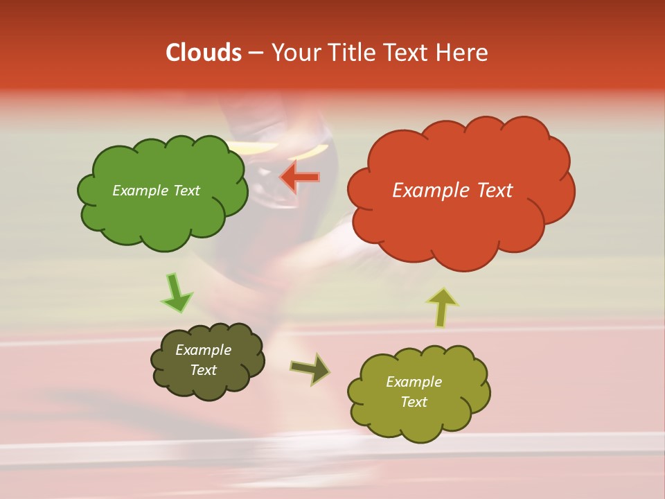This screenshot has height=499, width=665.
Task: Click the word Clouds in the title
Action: click(x=204, y=53)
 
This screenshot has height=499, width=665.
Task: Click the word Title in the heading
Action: click(x=353, y=53)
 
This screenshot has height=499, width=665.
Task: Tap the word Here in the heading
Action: click(x=462, y=53)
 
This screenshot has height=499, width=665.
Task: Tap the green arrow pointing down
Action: click(x=176, y=293)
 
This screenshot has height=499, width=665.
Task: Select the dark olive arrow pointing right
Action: click(x=310, y=369)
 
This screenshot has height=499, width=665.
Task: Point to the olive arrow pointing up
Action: click(x=442, y=307)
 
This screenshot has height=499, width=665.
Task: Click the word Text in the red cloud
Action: click(x=494, y=191)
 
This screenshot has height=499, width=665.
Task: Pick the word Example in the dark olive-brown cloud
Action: click(x=204, y=350)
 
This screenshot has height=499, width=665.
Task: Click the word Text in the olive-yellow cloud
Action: click(x=414, y=402)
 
